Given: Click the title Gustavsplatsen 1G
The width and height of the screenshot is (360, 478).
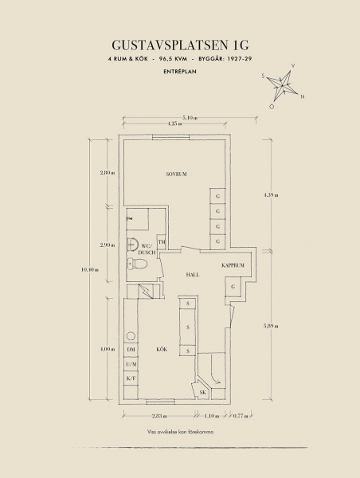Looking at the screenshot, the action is click(180, 45).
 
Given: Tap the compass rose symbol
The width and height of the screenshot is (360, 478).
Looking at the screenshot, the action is click(283, 86).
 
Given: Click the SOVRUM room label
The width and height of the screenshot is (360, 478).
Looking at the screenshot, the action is click(176, 174).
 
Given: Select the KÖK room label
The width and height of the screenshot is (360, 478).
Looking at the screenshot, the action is click(162, 350).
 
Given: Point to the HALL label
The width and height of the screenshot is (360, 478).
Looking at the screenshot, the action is click(193, 275).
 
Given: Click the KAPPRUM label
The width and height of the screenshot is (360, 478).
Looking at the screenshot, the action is click(233, 265).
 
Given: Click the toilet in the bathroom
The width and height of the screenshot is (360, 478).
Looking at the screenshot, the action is click(137, 264).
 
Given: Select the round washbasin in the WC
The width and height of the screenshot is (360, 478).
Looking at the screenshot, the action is click(132, 244).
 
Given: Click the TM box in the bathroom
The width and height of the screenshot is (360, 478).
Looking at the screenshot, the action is click(161, 242).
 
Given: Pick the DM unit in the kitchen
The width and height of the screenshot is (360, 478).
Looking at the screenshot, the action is click(131, 350).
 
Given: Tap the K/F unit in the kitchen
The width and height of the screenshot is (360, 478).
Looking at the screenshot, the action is click(131, 378).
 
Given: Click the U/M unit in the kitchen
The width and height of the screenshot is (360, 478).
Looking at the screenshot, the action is click(131, 364).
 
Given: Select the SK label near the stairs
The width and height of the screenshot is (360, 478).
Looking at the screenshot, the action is click(203, 393).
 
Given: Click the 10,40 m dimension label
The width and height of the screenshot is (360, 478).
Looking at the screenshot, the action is click(90, 269).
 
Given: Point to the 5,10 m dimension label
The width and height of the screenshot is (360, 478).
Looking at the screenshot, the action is click(190, 118).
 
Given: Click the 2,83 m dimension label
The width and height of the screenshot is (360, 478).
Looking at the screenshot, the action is click(159, 416).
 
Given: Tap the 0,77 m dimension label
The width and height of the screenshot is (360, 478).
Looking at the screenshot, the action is click(241, 416).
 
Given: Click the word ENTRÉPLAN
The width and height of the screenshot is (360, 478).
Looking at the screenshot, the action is click(180, 72).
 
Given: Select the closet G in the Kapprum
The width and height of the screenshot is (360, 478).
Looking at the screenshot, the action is click(233, 287).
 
